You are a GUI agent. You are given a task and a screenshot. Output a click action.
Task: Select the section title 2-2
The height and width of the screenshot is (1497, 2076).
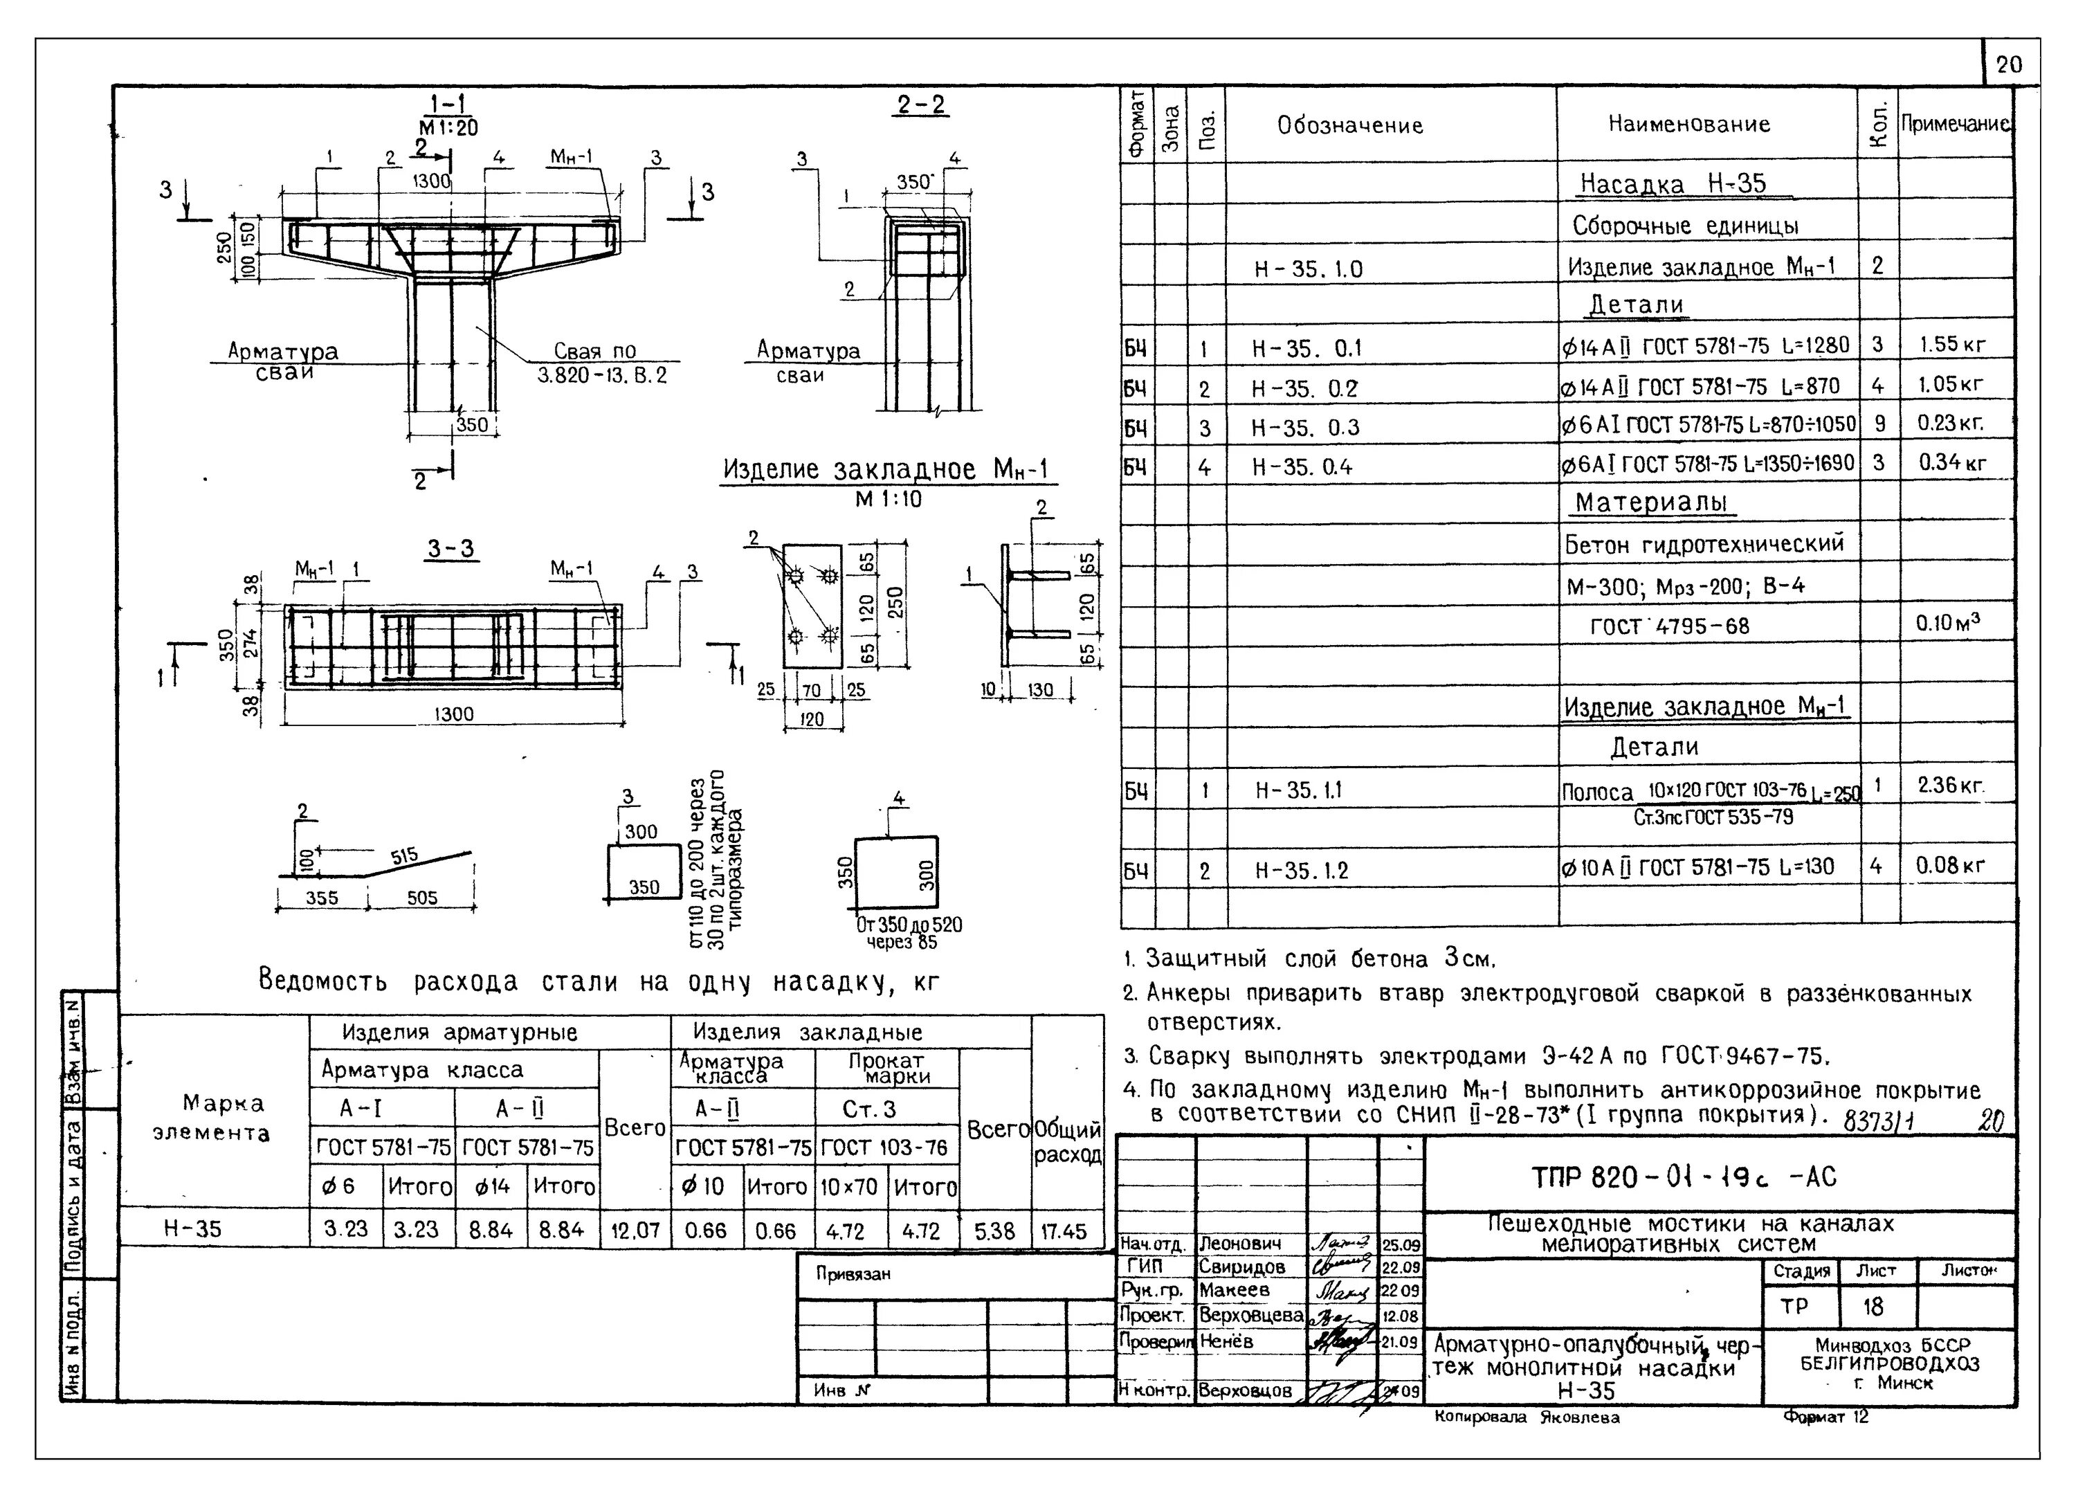click(x=921, y=105)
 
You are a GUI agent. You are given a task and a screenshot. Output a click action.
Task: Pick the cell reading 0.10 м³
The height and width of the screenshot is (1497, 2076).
click(x=1947, y=624)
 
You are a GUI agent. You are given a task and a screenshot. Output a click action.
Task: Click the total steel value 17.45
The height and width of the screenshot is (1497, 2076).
click(x=1064, y=1231)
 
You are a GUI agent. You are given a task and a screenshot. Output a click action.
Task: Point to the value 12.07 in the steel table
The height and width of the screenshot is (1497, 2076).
click(x=635, y=1231)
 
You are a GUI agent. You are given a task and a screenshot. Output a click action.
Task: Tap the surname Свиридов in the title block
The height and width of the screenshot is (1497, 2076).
click(x=1242, y=1267)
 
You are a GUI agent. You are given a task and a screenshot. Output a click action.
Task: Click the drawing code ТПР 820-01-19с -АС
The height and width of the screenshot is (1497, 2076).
click(x=1684, y=1177)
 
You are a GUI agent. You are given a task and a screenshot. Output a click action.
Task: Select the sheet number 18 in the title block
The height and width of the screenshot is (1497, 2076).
click(x=1872, y=1307)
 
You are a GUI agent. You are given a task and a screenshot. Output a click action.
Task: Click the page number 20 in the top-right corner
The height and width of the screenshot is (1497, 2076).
click(x=2009, y=64)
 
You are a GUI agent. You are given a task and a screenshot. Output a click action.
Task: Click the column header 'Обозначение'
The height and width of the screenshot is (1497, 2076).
click(x=1350, y=125)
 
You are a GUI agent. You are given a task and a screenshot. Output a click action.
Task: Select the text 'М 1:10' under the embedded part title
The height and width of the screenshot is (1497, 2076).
click(x=888, y=500)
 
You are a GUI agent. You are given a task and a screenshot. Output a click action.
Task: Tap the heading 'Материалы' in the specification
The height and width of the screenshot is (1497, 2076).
click(x=1650, y=502)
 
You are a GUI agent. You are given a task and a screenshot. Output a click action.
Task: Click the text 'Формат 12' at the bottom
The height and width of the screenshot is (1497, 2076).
click(x=1825, y=1417)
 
